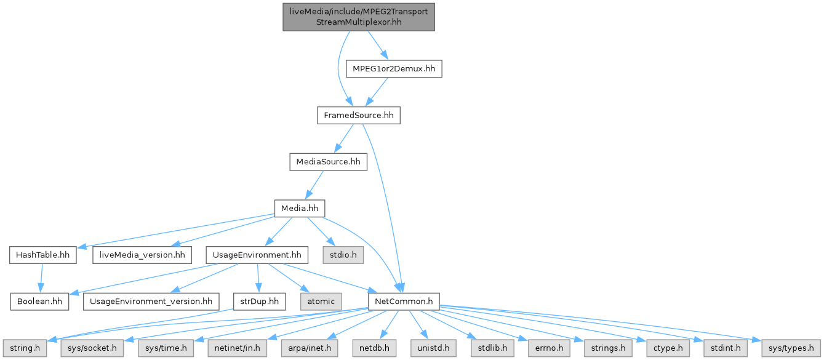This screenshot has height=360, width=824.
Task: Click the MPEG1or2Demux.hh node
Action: pos(394,69)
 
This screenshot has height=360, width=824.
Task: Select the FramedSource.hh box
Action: pos(359,115)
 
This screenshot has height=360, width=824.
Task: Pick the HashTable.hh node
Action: pos(42,255)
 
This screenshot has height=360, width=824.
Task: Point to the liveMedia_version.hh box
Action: pos(142,255)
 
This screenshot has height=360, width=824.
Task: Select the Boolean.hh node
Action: pos(39,302)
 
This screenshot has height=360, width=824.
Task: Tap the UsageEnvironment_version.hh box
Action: pos(151,302)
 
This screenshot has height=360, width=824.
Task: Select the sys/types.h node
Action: pos(791,348)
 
